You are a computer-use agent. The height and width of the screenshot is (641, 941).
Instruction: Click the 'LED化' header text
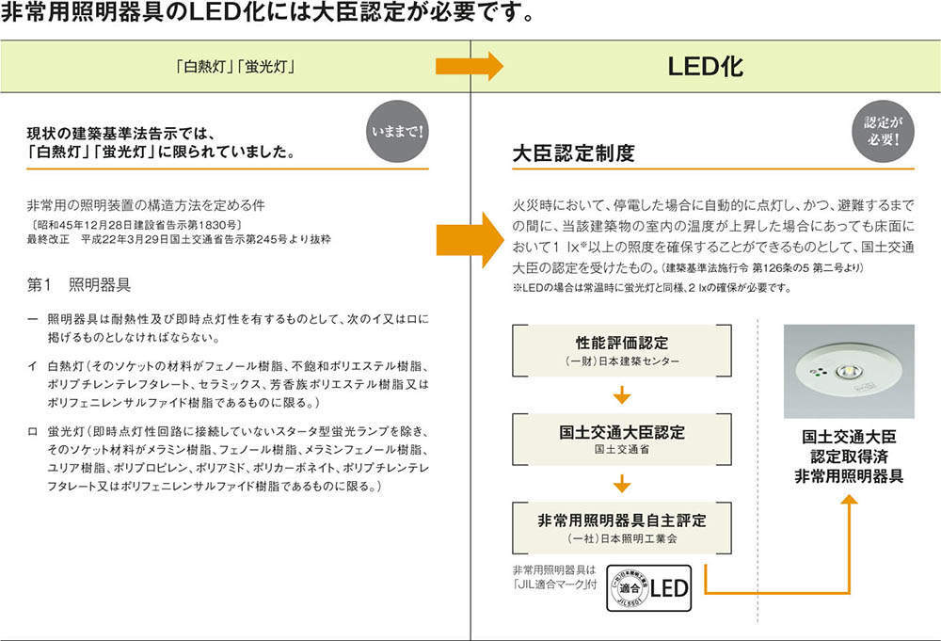(705, 67)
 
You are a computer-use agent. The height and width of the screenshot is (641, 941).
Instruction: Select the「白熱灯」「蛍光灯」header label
(236, 68)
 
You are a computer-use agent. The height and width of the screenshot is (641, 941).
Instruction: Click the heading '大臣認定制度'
(573, 152)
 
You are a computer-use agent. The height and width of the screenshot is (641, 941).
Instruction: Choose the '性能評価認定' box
(621, 349)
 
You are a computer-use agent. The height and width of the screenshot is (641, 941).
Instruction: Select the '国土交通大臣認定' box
(621, 440)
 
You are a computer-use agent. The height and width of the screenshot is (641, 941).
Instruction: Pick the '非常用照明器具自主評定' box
(621, 527)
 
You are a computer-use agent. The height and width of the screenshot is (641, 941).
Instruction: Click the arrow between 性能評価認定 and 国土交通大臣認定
(621, 394)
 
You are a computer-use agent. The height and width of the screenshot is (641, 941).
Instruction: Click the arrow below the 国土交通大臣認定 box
(621, 484)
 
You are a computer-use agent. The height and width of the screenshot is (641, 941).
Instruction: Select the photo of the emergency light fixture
(849, 370)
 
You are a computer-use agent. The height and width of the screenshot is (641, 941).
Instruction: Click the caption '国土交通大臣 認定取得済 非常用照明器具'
(849, 457)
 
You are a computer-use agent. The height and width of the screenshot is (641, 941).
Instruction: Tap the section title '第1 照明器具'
(79, 283)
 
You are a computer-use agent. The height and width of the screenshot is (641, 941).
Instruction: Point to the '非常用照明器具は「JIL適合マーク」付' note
(554, 577)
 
